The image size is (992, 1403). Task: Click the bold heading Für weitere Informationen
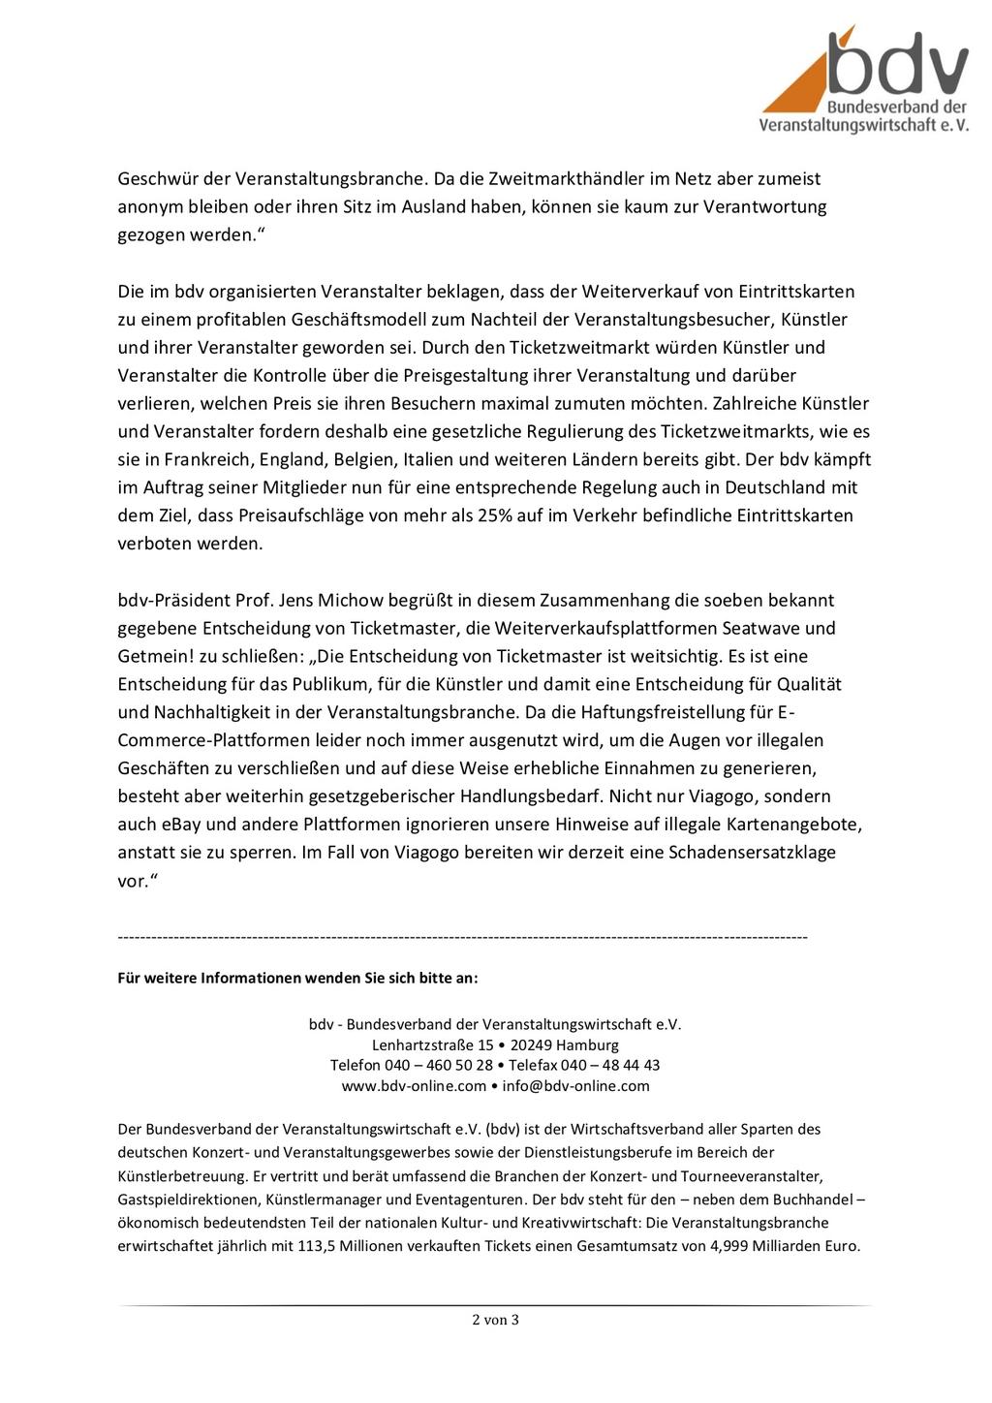[x=297, y=978]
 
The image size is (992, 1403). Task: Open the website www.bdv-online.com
[x=414, y=1085]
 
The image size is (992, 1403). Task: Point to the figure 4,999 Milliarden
[x=771, y=1246]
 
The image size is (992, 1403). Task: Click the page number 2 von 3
[x=495, y=1319]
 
